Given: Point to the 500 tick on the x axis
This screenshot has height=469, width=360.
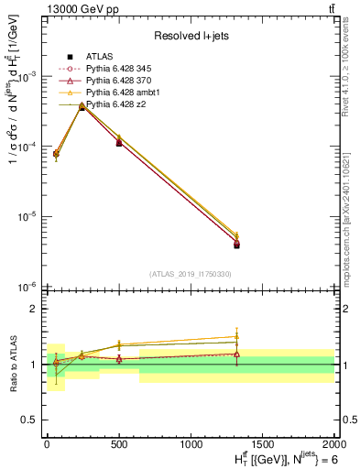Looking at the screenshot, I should click(118, 443).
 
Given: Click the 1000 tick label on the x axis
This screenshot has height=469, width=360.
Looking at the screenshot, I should click(190, 443).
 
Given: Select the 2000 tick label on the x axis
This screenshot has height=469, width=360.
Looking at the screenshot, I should click(333, 443).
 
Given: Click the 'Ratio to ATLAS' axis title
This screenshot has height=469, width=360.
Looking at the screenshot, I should click(13, 364).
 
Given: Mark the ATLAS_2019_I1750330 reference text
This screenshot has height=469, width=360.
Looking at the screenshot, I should click(191, 274).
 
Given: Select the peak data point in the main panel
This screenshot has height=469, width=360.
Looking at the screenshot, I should click(82, 107).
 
